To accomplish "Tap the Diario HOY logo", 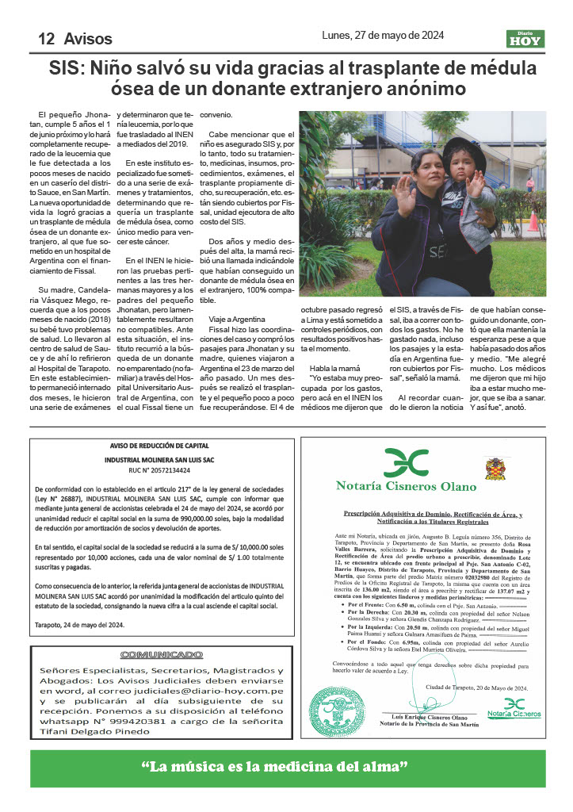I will (525, 37).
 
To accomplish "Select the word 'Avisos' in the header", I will (88, 39).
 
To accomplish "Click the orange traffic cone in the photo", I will (533, 221).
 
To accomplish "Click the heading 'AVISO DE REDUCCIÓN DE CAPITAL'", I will (149, 446).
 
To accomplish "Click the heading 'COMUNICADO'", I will (150, 655).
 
